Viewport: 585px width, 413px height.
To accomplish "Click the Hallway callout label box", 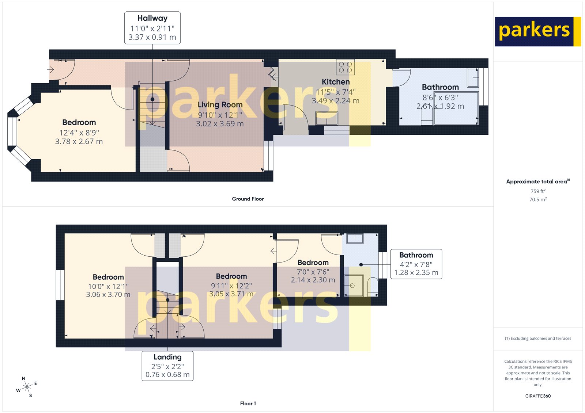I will click(152, 28).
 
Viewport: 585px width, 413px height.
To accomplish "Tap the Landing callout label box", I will click(167, 366).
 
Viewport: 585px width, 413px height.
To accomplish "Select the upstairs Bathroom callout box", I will click(416, 264).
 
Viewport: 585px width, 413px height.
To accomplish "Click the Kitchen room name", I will click(336, 82).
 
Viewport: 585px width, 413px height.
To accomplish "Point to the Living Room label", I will click(220, 105).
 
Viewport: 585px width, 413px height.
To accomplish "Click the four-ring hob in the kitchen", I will click(345, 67).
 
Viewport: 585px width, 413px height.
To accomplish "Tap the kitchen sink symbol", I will click(327, 118).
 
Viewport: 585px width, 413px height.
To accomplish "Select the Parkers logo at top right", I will click(537, 31).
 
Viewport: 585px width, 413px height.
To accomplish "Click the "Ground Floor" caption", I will click(248, 199).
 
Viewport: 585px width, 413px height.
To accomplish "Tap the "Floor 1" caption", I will click(248, 404).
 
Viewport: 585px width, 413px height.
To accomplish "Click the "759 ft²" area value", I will click(538, 191).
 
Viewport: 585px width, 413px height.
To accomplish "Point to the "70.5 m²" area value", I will click(538, 199).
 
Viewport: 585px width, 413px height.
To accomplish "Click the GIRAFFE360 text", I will click(538, 396).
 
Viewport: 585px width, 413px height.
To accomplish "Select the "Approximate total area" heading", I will click(537, 181).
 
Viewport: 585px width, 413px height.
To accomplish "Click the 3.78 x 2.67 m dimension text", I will click(79, 142).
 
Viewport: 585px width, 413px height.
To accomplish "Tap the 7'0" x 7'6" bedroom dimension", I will click(313, 272).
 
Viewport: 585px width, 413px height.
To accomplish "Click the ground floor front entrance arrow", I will click(50, 69).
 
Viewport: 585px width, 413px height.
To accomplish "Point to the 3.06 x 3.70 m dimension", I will click(108, 294).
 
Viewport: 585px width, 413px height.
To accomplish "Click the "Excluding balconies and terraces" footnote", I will click(538, 339).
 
